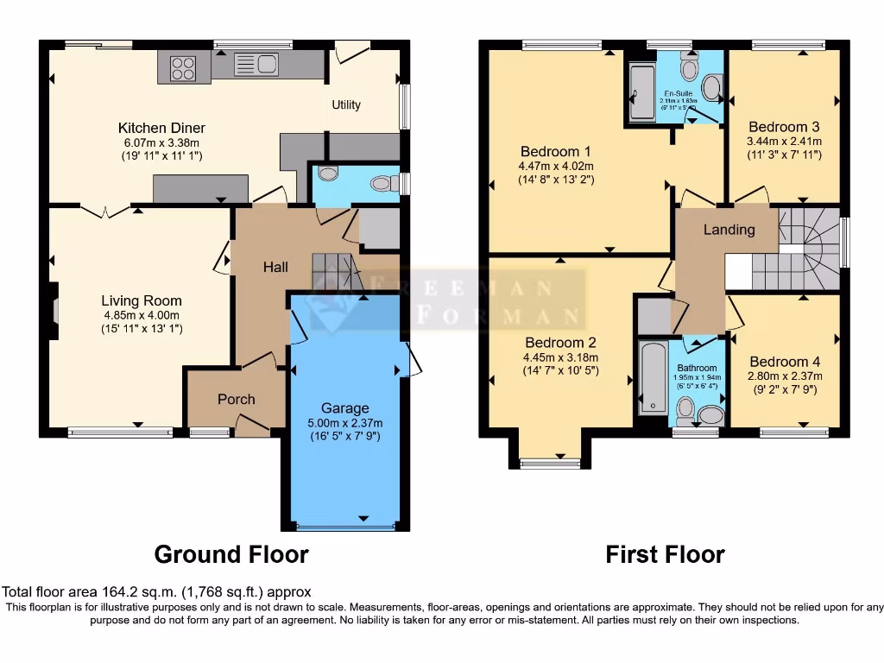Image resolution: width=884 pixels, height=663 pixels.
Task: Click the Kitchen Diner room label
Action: [161, 128]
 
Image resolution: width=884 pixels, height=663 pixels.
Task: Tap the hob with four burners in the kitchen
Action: [182, 67]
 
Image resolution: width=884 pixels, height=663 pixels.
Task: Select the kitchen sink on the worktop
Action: [256, 64]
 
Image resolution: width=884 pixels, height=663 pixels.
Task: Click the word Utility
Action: [346, 105]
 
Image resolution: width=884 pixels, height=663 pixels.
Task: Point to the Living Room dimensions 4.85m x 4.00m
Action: [142, 315]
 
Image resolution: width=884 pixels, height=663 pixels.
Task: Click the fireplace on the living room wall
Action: [54, 310]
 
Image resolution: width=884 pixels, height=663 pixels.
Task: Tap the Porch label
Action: [236, 399]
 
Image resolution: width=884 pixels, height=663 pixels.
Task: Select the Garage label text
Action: [344, 408]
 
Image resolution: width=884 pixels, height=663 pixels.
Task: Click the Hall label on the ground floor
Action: [275, 268]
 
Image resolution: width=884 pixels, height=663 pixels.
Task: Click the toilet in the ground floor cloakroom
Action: [381, 183]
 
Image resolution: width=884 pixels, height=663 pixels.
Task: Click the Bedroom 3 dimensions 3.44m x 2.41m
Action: [785, 142]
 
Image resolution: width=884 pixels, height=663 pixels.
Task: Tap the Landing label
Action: [729, 230]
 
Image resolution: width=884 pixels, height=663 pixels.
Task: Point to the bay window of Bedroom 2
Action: [552, 463]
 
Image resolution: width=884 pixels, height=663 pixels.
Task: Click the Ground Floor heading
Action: [230, 554]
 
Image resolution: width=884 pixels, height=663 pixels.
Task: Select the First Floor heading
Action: [665, 554]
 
